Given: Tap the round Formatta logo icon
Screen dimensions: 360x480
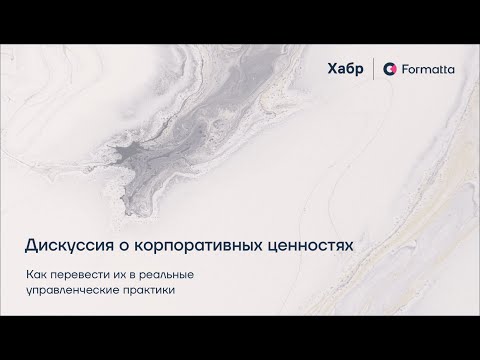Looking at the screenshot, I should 391,69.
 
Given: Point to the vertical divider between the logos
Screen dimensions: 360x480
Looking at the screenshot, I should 373,69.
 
